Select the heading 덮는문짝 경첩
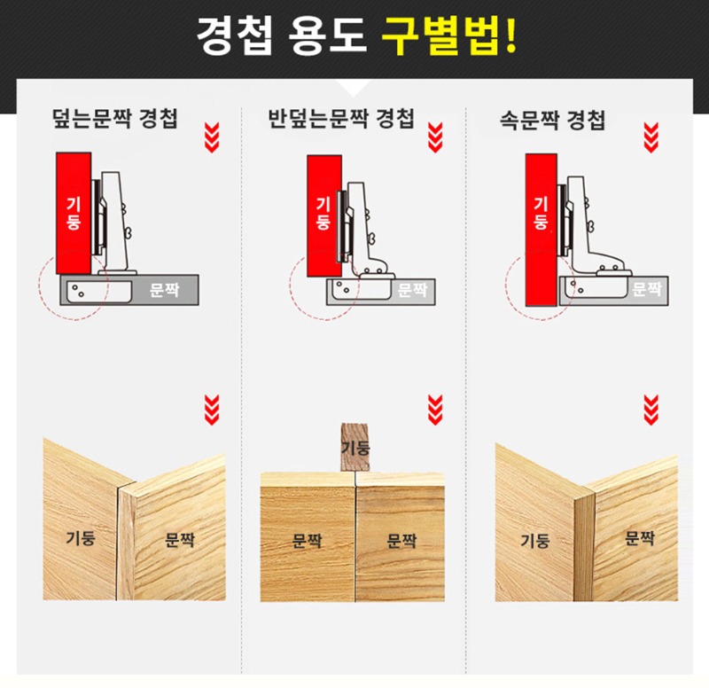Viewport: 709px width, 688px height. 115,119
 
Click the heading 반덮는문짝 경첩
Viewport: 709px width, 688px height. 340,119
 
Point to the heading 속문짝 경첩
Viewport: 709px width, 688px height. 552,120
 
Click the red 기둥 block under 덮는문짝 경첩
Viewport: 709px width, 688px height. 74,213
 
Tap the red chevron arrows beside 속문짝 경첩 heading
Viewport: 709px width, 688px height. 651,137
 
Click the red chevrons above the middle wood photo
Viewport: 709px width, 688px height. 434,409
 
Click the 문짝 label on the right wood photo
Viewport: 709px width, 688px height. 638,537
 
